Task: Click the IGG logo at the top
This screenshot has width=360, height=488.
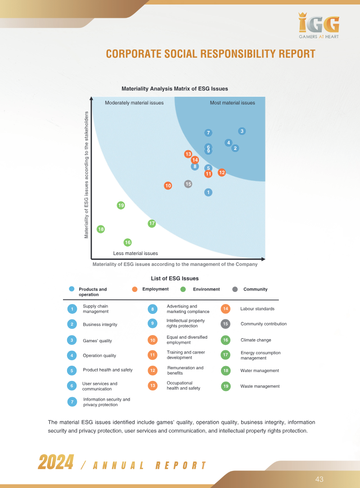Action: coord(319,26)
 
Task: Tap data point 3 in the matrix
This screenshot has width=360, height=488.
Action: coord(242,131)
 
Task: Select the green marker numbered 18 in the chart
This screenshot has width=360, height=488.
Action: coord(101,229)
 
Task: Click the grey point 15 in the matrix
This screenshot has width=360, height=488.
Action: coord(188,184)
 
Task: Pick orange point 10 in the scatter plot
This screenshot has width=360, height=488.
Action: coord(168,186)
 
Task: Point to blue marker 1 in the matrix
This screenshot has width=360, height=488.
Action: coord(208,193)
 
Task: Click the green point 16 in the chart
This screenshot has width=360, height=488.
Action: coord(128,242)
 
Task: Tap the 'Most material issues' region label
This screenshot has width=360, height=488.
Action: coord(232,103)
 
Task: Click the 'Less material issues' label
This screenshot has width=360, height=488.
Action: coord(135,253)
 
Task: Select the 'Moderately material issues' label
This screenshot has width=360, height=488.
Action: coord(134,103)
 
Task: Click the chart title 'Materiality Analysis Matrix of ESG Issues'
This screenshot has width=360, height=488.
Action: coord(175,89)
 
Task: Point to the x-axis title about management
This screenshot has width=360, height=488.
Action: coord(175,264)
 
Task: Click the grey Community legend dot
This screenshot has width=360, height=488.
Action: coord(235,290)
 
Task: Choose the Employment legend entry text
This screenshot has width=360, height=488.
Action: coord(155,289)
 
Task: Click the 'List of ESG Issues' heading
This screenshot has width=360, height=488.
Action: coord(175,278)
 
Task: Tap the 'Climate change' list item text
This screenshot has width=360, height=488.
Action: coord(256,340)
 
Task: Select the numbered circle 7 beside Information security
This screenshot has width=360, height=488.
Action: coord(72,402)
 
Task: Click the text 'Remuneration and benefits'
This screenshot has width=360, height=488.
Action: coord(185,370)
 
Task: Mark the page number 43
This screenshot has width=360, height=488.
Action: coord(319,479)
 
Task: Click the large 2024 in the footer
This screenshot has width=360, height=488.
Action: coord(56,462)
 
